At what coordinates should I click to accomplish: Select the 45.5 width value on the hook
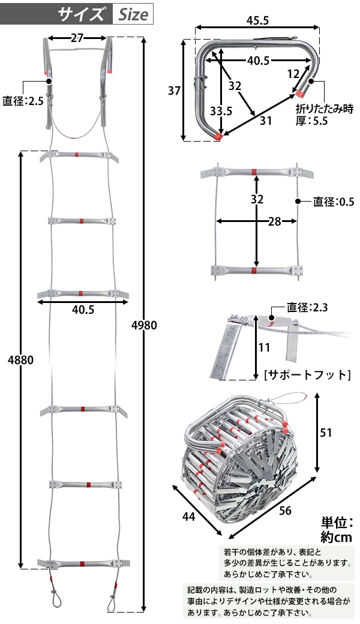[x=257, y=20]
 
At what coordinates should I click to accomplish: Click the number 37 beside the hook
[x=174, y=91]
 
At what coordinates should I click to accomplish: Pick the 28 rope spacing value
[x=274, y=221]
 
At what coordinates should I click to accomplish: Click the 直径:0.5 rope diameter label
[x=333, y=202]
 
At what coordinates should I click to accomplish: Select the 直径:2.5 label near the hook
[x=23, y=101]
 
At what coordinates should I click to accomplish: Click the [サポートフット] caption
[x=307, y=375]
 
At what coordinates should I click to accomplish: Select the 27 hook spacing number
[x=77, y=38]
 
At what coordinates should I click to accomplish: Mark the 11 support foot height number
[x=264, y=347]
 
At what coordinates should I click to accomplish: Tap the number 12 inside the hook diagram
[x=293, y=74]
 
